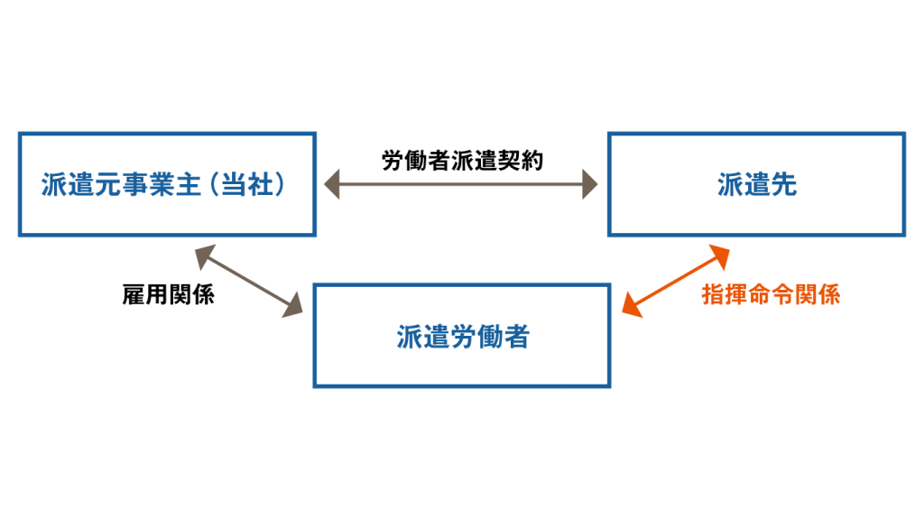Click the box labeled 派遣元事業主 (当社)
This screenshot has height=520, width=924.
(x=167, y=185)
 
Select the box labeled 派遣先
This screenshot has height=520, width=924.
(x=756, y=185)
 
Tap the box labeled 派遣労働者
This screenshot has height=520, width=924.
(x=462, y=336)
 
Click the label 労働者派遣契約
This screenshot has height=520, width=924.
(x=462, y=162)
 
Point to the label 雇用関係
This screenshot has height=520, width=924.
(x=168, y=295)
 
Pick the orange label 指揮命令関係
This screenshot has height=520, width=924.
(x=771, y=295)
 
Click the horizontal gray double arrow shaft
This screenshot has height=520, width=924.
(x=462, y=187)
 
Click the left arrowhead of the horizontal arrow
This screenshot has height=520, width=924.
(x=332, y=187)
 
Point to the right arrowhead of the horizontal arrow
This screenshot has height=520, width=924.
(x=590, y=187)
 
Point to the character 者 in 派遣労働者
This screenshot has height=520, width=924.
(x=516, y=336)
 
